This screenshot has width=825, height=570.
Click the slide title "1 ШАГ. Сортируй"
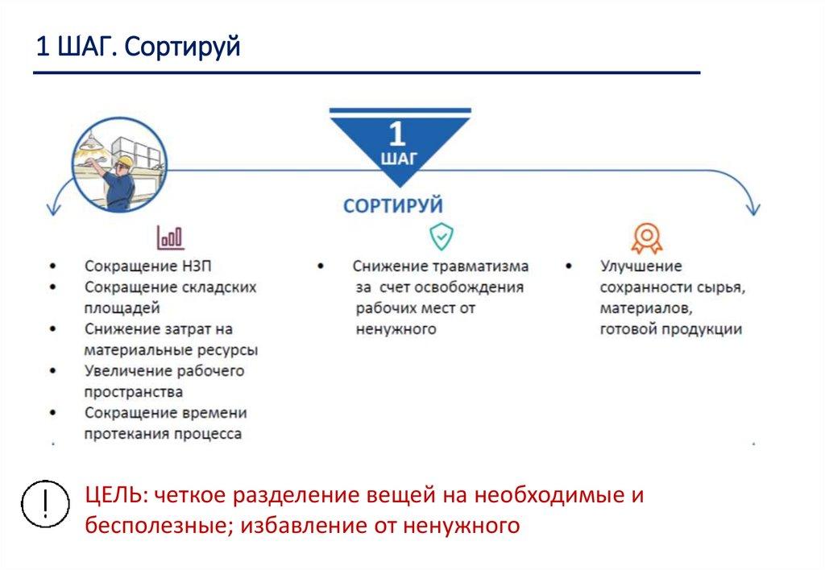[139, 46]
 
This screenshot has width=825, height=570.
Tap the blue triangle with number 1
[400, 147]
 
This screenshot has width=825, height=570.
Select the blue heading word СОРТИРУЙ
[393, 205]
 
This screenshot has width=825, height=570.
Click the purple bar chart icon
[171, 237]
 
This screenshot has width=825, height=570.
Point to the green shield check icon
[441, 237]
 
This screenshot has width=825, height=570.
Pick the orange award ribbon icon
[647, 238]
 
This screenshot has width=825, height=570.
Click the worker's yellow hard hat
[125, 160]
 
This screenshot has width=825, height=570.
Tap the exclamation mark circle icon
[45, 503]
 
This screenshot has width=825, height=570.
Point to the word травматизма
[480, 266]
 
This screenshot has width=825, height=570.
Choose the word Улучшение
[641, 266]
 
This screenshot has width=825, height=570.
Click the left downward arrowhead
[53, 209]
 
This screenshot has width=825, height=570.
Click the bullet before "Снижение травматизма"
[321, 266]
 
